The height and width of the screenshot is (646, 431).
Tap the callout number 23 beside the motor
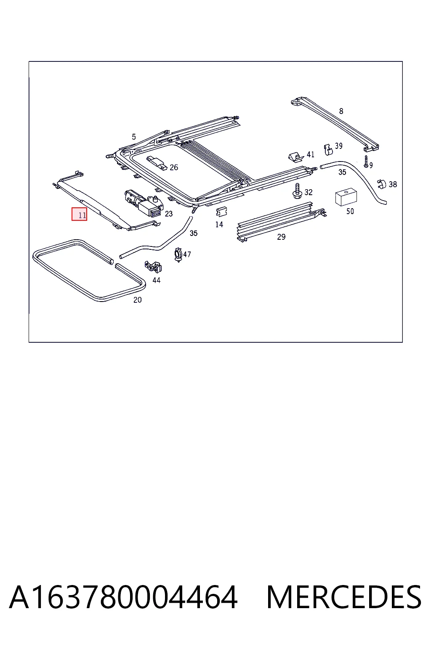pyautogui.click(x=169, y=214)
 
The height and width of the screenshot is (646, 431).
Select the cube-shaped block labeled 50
pyautogui.click(x=346, y=197)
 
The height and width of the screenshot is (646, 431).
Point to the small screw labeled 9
pyautogui.click(x=366, y=162)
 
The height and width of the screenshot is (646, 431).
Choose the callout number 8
pyautogui.click(x=341, y=111)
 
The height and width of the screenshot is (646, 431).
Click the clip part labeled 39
pyautogui.click(x=328, y=149)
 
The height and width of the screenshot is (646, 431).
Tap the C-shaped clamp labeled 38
pyautogui.click(x=382, y=184)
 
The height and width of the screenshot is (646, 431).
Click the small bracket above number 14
pyautogui.click(x=221, y=212)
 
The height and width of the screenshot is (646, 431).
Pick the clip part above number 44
pyautogui.click(x=153, y=267)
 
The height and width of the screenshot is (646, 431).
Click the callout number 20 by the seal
pyautogui.click(x=137, y=300)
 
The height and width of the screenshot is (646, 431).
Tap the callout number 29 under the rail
pyautogui.click(x=281, y=237)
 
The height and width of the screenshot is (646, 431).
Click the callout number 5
pyautogui.click(x=134, y=137)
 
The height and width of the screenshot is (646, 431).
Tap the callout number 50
pyautogui.click(x=350, y=212)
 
